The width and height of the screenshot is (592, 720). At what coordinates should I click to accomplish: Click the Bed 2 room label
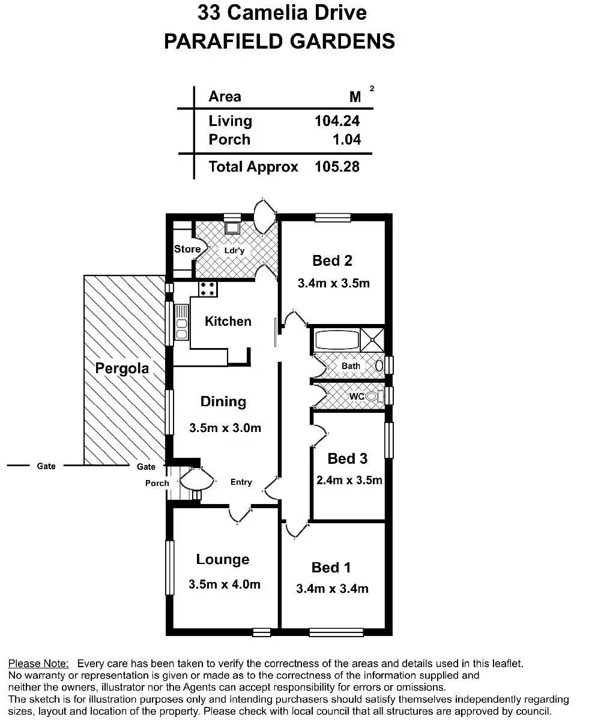tap(332, 260)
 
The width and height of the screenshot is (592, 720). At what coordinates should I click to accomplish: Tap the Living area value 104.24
tap(337, 121)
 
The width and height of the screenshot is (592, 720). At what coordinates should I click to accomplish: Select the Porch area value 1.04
tap(347, 139)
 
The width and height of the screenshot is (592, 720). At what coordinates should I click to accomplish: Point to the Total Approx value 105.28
tap(337, 166)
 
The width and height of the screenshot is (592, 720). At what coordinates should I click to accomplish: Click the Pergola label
tap(122, 368)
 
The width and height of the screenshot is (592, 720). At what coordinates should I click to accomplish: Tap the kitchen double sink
tap(181, 322)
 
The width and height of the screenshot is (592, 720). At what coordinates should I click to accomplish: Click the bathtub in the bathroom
tap(335, 340)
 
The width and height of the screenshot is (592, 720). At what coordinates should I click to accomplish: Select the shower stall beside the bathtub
tap(372, 340)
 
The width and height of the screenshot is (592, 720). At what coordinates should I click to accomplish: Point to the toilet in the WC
tap(373, 396)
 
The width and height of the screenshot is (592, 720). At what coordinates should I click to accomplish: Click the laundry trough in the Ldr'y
tap(232, 227)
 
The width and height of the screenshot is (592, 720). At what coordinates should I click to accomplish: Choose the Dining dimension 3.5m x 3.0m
tap(225, 428)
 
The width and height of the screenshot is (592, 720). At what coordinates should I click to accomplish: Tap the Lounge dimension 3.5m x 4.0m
tap(225, 584)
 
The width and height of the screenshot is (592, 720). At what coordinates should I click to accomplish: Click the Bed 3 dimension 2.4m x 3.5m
tap(349, 480)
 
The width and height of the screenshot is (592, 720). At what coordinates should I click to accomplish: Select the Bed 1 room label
tap(331, 567)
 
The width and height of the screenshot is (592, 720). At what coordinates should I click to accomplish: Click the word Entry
tap(241, 482)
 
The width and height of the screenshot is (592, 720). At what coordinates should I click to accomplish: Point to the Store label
tap(187, 249)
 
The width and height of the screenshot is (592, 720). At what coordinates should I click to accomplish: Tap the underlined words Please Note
tap(38, 664)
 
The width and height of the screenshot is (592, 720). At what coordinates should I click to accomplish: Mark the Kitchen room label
tap(228, 321)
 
